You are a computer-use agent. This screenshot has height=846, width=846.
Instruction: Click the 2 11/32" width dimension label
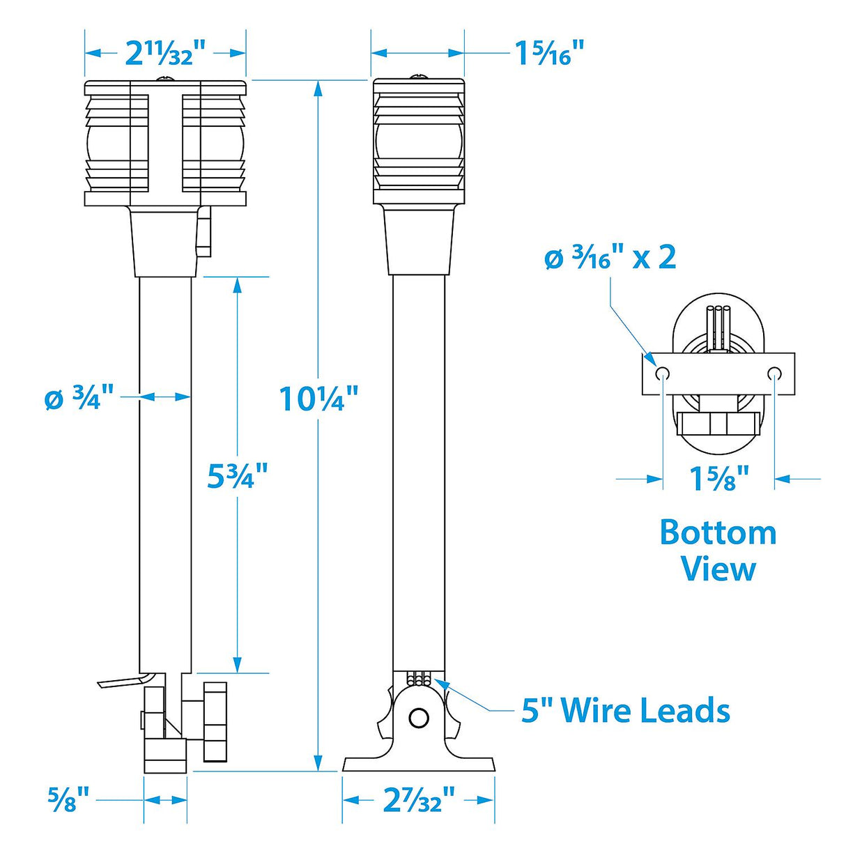(166, 53)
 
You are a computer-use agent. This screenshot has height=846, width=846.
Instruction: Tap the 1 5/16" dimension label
(549, 53)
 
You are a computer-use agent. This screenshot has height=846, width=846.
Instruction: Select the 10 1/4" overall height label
(318, 399)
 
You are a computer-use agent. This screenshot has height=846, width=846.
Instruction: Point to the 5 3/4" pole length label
(238, 476)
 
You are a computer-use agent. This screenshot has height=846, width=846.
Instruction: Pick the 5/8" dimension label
(68, 799)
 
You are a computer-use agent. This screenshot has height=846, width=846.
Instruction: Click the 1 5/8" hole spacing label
(718, 478)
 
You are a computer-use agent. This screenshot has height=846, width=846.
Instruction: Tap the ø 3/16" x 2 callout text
(610, 258)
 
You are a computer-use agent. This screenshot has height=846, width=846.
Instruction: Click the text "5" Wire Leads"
(625, 710)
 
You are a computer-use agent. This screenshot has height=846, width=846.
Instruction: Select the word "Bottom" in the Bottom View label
(718, 533)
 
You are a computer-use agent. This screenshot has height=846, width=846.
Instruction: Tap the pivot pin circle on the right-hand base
(418, 717)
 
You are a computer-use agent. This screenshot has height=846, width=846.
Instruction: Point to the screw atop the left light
(165, 78)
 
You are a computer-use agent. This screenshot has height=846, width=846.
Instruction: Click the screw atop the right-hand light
(418, 76)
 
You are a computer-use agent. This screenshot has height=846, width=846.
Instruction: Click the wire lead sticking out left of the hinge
(122, 681)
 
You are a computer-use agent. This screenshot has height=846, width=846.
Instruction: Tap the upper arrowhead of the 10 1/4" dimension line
(318, 88)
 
